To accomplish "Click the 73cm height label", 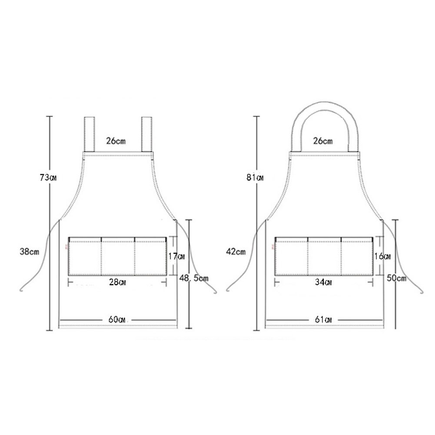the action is coord(48,177).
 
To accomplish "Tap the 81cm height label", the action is coord(255,177).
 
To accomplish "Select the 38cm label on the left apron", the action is coord(30,252).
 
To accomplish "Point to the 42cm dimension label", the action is coord(236,252).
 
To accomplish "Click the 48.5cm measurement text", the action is coord(194,278).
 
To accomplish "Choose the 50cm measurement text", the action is coord(397,278).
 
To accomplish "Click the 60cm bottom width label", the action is coord(117,319).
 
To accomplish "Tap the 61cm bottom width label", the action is coord(323,319).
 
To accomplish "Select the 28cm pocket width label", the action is coord(117,282).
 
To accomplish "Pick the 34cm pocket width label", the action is coord(323,282).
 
